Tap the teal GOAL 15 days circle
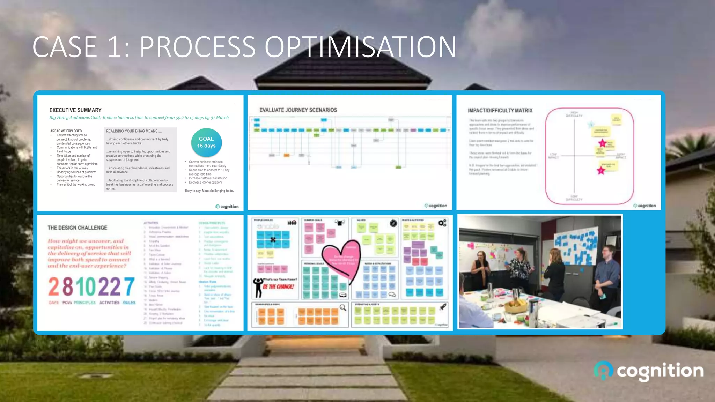click(x=206, y=142)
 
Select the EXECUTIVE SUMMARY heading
click(x=75, y=110)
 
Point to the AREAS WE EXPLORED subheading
click(x=66, y=131)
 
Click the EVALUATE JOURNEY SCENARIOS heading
click(x=298, y=110)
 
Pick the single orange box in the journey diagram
click(x=287, y=155)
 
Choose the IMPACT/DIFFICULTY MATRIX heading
click(x=500, y=110)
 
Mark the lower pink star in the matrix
click(x=601, y=171)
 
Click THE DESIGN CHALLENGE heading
click(x=78, y=228)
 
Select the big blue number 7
click(x=129, y=287)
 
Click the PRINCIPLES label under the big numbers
click(x=84, y=303)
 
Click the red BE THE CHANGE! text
click(x=279, y=286)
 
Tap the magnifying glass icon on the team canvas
click(x=343, y=307)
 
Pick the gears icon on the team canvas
click(x=442, y=223)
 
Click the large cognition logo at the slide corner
click(x=649, y=371)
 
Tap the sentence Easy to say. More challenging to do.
click(x=209, y=191)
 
